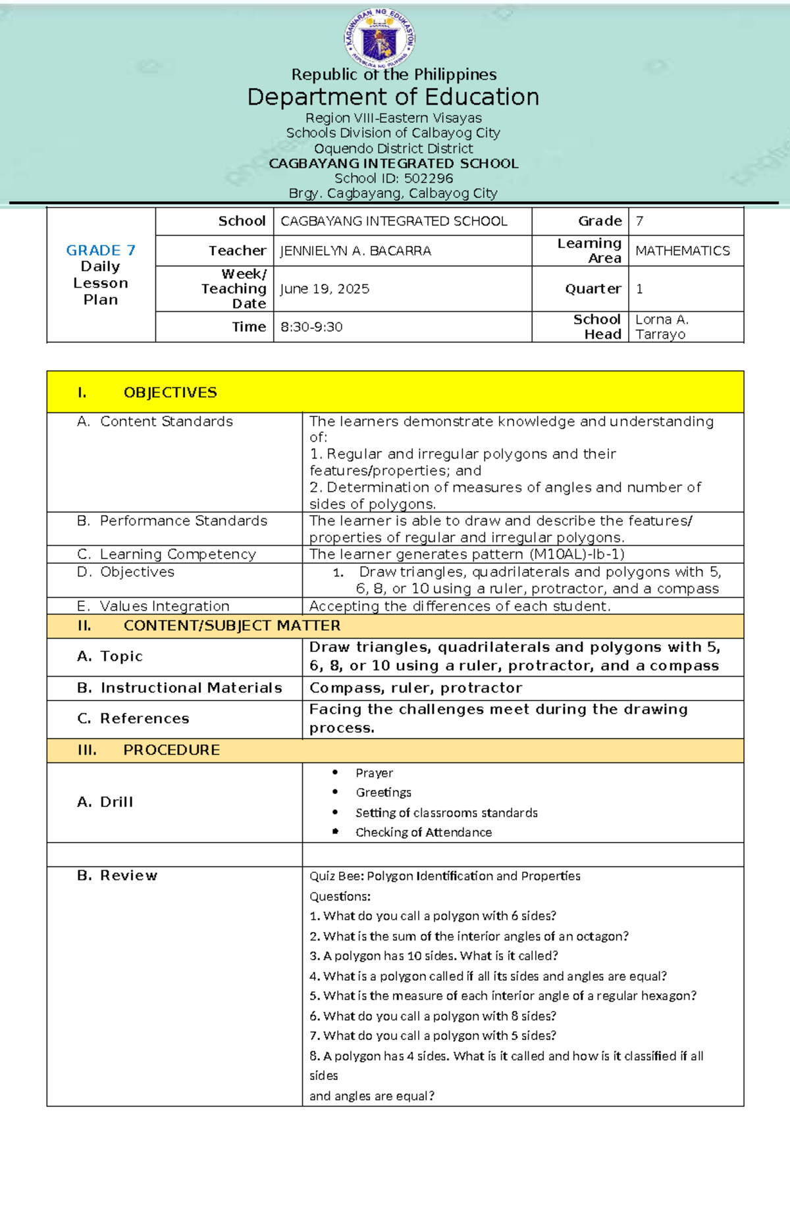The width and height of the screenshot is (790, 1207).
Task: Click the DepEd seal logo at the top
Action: (x=380, y=39)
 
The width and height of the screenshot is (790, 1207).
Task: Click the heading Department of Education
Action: (x=393, y=97)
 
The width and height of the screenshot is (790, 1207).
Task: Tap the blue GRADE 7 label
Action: (x=101, y=251)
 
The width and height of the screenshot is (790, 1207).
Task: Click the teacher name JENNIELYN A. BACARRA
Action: (x=355, y=251)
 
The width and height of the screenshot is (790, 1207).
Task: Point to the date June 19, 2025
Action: (x=325, y=289)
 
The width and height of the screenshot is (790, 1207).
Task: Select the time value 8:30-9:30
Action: (x=311, y=327)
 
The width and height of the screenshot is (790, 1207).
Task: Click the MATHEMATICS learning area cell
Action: (x=682, y=251)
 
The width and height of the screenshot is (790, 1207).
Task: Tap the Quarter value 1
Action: (x=639, y=289)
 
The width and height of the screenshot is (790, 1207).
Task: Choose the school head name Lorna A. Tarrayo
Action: (x=662, y=327)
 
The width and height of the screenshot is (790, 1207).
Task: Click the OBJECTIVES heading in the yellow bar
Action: (x=170, y=393)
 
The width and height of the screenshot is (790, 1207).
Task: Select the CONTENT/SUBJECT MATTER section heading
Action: (x=232, y=626)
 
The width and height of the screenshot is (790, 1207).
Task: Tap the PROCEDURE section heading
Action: (x=171, y=750)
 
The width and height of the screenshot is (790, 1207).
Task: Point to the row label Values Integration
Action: (x=164, y=606)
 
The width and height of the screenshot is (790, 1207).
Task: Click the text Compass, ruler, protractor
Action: (x=415, y=688)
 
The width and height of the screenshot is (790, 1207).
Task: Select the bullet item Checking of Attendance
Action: (x=423, y=833)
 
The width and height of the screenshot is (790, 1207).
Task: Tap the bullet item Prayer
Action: (x=374, y=773)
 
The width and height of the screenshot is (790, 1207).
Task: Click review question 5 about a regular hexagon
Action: (x=503, y=996)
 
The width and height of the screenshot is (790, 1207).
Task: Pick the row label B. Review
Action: (x=117, y=875)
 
